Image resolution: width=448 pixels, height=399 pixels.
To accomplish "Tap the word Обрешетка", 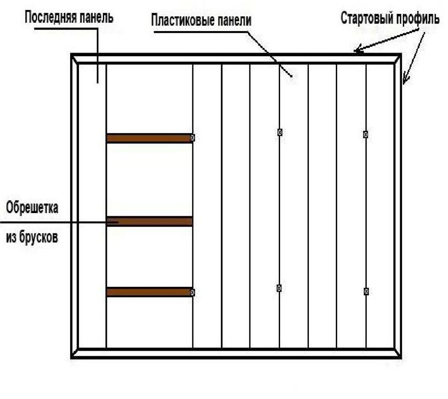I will point(32,208).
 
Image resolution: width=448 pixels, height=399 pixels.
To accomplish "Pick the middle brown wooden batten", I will point(150,221).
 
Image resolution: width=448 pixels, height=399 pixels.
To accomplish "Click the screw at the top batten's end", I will point(192,138).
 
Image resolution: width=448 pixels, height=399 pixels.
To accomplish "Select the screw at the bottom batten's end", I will point(192,292).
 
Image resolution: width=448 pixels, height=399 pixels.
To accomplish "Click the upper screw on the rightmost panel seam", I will point(365,134).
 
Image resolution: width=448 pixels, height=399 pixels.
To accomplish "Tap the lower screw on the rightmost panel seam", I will point(366,291).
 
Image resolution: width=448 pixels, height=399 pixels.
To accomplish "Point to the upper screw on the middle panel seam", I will point(280,132).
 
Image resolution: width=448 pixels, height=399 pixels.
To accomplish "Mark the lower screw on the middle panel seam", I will point(279,288).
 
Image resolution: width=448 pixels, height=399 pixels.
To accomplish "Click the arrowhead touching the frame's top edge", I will point(357,51).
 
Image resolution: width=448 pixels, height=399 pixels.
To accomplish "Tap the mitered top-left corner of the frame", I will point(74,57).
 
